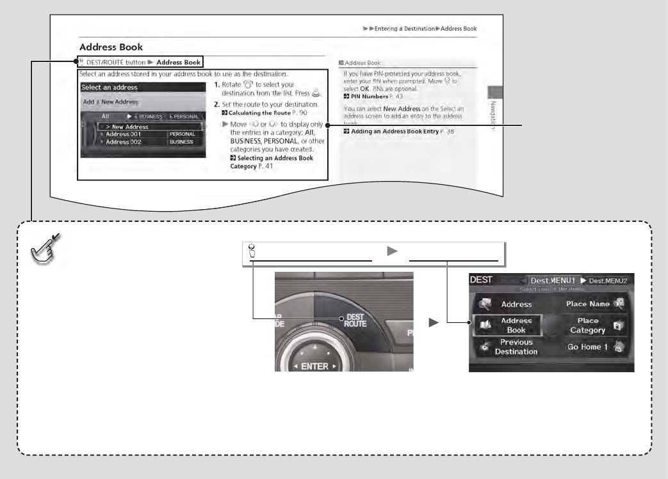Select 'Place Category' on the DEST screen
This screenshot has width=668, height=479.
coord(587,326)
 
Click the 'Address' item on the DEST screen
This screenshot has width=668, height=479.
coord(516,304)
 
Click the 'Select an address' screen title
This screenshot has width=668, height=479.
coord(110,87)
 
